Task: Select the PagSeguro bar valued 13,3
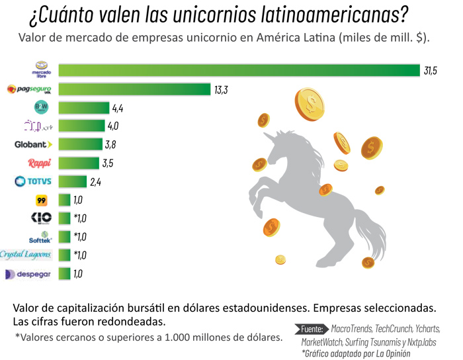click(134, 89)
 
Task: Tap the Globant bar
click(80, 144)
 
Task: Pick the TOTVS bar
click(73, 181)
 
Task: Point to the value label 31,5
click(431, 71)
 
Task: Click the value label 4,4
click(118, 108)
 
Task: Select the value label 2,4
click(95, 182)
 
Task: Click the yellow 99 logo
click(41, 200)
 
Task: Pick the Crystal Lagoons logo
click(26, 255)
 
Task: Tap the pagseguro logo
click(29, 89)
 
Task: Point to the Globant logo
click(33, 144)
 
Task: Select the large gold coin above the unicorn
click(310, 104)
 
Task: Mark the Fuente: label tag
click(312, 328)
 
